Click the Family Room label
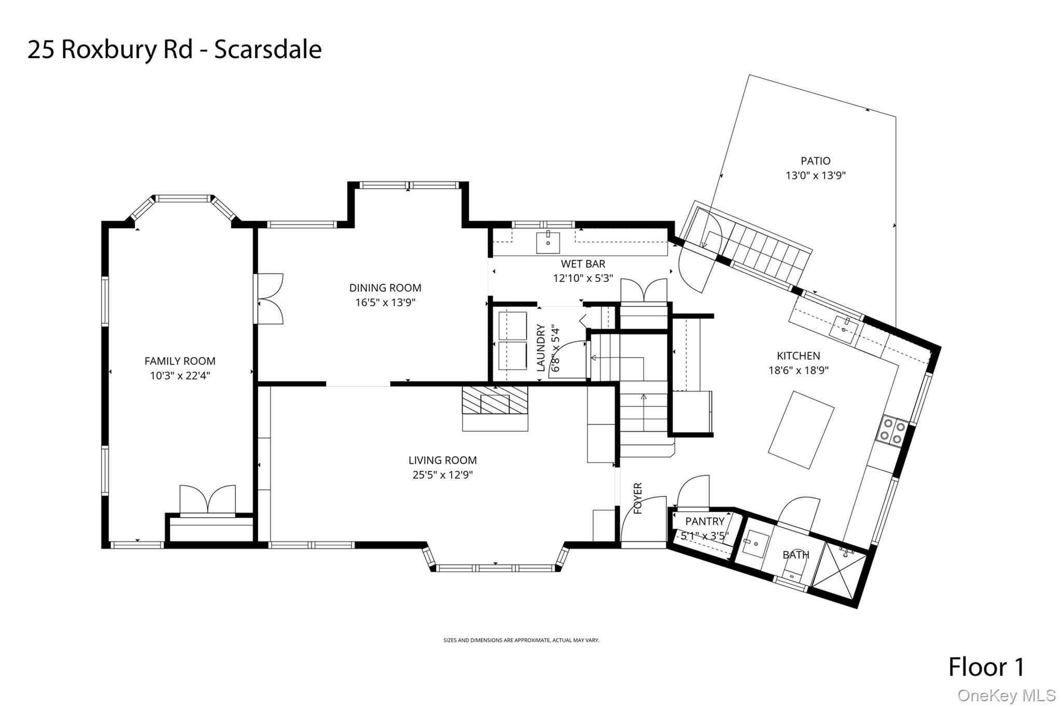click(179, 361)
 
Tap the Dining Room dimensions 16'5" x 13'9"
click(385, 302)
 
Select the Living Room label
click(442, 460)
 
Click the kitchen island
click(801, 430)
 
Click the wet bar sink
click(548, 243)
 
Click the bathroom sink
click(755, 543)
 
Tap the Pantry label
click(705, 521)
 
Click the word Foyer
click(638, 498)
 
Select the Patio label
click(815, 161)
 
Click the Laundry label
click(541, 348)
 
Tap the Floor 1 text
click(986, 667)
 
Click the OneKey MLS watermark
click(1007, 695)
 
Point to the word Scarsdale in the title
click(268, 50)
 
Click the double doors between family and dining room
click(269, 299)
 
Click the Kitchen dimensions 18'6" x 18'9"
click(799, 370)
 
